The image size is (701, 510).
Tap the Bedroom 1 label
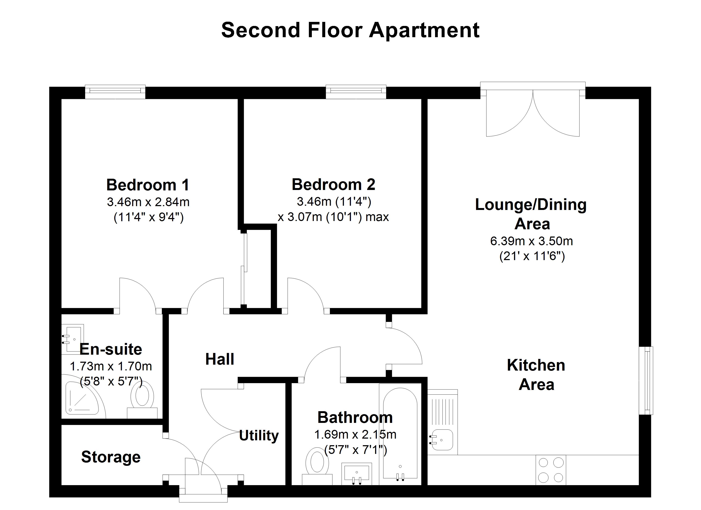[x=148, y=185]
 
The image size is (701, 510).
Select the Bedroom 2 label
[x=334, y=185]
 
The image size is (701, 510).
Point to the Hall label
[x=220, y=359]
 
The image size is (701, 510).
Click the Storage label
[x=111, y=457]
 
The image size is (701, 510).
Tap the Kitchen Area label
[x=536, y=375]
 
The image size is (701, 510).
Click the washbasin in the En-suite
[x=73, y=339]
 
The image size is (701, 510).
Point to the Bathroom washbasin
[x=357, y=473]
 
